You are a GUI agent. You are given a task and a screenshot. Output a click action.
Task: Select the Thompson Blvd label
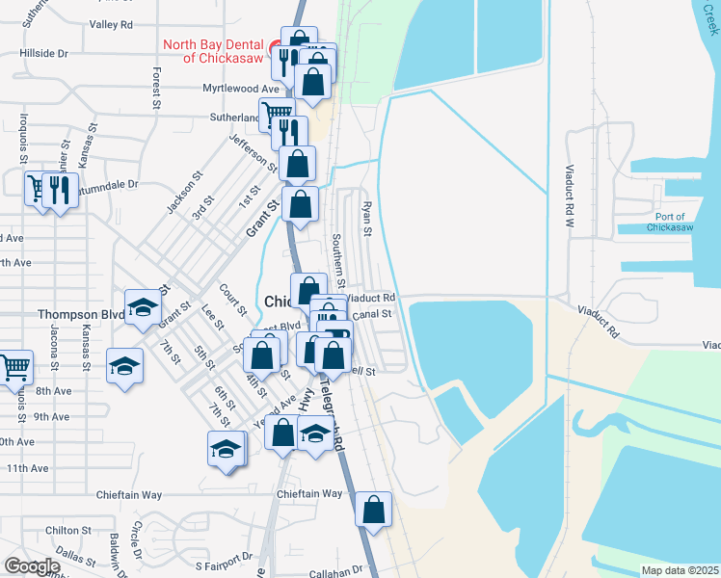[81, 314]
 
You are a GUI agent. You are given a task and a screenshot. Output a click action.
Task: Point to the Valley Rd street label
[115, 24]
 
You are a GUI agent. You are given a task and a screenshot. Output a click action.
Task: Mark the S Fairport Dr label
[223, 556]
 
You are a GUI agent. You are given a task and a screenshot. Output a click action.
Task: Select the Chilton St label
[67, 530]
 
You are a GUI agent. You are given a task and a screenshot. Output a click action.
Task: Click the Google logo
[32, 566]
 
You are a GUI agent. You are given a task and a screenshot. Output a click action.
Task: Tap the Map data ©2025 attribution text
[680, 570]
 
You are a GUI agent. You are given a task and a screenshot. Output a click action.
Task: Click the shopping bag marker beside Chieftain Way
[373, 509]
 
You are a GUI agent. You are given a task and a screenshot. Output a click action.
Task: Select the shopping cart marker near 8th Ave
[14, 366]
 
